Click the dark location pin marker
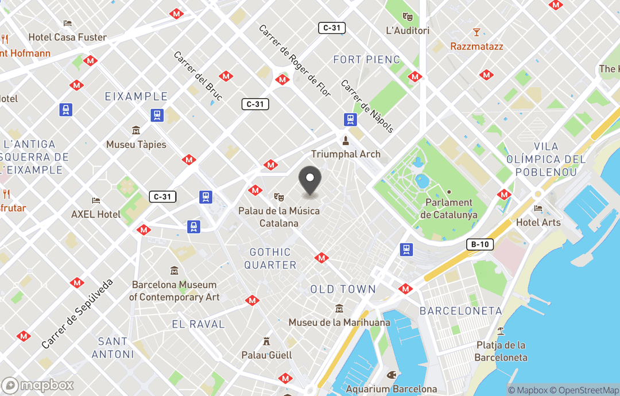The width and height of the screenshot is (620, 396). [x=310, y=181]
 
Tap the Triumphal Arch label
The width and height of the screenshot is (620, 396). [x=346, y=154]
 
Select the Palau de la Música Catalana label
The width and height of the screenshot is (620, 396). [x=279, y=217]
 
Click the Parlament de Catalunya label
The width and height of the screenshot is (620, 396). [x=449, y=209]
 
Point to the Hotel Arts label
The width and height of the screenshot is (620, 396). [x=538, y=222]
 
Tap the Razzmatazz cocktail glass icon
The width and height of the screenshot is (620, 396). [x=476, y=32]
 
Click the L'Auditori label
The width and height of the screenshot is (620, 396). [x=408, y=30]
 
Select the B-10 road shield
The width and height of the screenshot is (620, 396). [x=480, y=244]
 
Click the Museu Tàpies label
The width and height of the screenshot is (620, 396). [x=136, y=145]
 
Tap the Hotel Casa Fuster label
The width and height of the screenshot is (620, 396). [x=68, y=37]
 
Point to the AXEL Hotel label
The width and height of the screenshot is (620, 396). [x=96, y=214]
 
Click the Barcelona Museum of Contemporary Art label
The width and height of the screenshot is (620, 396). [x=175, y=290]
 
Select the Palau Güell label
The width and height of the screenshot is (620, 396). [x=266, y=355]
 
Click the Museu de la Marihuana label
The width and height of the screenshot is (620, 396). [x=339, y=322]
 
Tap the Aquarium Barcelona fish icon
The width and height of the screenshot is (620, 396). [x=392, y=375]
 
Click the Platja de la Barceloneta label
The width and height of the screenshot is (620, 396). [x=501, y=351]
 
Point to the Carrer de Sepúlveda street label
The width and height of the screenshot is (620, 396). [x=77, y=314]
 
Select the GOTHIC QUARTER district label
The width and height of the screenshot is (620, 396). [x=270, y=258]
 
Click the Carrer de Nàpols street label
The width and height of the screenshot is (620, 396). [x=367, y=106]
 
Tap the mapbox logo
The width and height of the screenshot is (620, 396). [x=38, y=385]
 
